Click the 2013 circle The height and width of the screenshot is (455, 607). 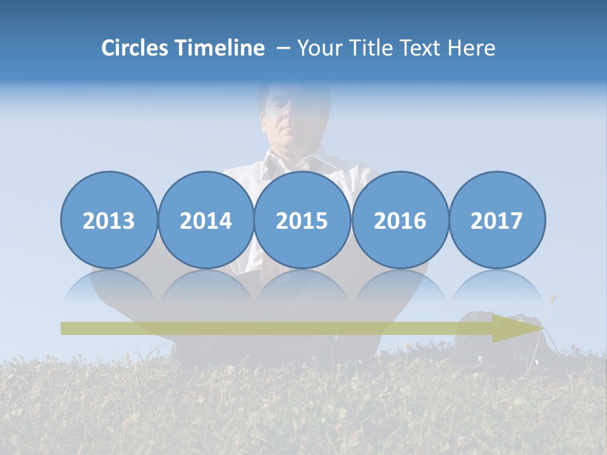(109, 220)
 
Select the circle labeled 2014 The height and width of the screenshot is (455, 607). (205, 220)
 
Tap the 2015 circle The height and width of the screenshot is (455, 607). (302, 220)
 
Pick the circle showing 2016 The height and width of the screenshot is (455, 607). (400, 220)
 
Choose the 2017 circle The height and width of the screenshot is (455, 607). (497, 220)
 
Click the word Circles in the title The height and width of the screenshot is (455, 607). (136, 48)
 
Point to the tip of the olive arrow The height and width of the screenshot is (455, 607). (542, 328)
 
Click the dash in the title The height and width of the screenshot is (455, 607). (283, 49)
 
